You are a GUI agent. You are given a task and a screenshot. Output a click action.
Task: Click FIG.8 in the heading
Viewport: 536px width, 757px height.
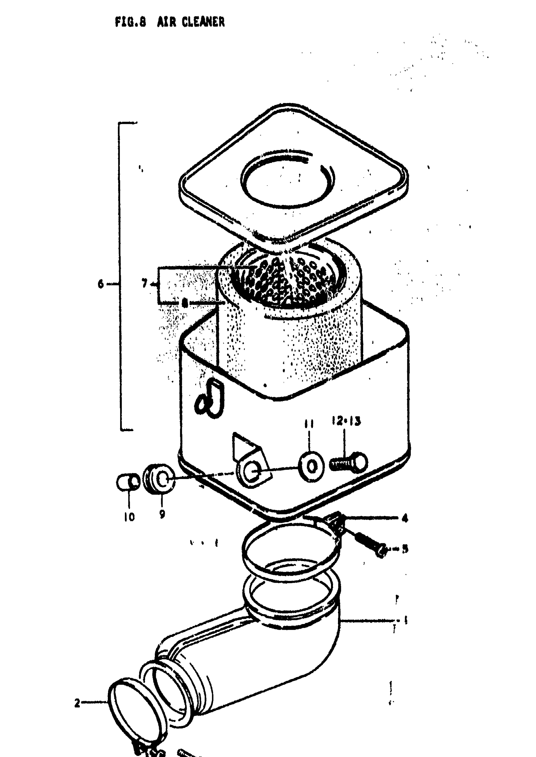(130, 22)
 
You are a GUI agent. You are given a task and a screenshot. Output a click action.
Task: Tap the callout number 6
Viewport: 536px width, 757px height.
(101, 284)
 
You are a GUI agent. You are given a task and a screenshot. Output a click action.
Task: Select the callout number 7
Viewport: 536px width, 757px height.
(144, 283)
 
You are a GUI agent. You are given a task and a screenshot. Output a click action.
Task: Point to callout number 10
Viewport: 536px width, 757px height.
(129, 517)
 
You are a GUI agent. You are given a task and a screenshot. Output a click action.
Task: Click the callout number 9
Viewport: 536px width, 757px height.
(162, 514)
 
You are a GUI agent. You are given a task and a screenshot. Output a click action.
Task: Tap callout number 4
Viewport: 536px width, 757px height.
(405, 518)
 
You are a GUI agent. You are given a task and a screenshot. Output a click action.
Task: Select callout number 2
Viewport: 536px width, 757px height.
(77, 703)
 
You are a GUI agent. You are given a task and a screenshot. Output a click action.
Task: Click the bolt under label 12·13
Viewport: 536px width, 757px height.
(349, 462)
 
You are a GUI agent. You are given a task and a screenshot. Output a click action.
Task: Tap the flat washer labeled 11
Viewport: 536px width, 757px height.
(311, 466)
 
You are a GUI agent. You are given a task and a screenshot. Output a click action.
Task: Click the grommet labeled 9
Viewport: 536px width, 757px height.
(159, 479)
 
